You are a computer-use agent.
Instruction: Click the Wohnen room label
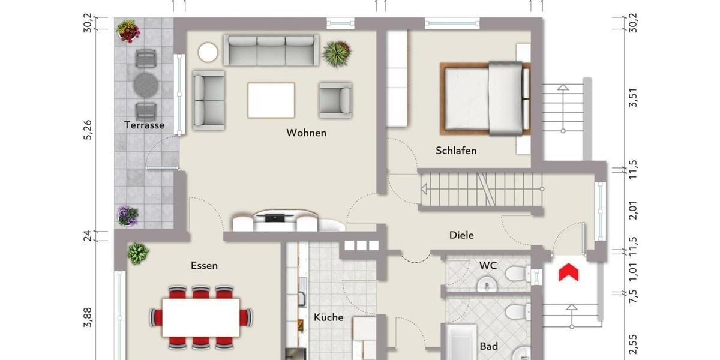point(306,133)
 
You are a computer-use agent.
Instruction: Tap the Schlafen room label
point(456,151)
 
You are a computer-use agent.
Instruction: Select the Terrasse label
point(144,125)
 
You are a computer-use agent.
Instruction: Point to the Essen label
point(204,265)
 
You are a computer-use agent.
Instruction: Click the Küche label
point(328,317)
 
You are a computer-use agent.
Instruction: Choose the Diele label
point(461,235)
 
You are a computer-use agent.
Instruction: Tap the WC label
point(488,265)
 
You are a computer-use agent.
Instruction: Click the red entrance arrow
point(568,272)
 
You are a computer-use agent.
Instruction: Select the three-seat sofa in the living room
point(271,50)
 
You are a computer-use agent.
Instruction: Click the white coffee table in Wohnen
point(271,100)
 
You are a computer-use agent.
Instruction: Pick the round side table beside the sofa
point(209,52)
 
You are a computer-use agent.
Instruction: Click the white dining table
point(200,317)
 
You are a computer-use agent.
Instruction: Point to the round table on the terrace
point(145,84)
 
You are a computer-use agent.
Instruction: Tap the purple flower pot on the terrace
point(127,215)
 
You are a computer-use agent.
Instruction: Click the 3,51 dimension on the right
point(631,98)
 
